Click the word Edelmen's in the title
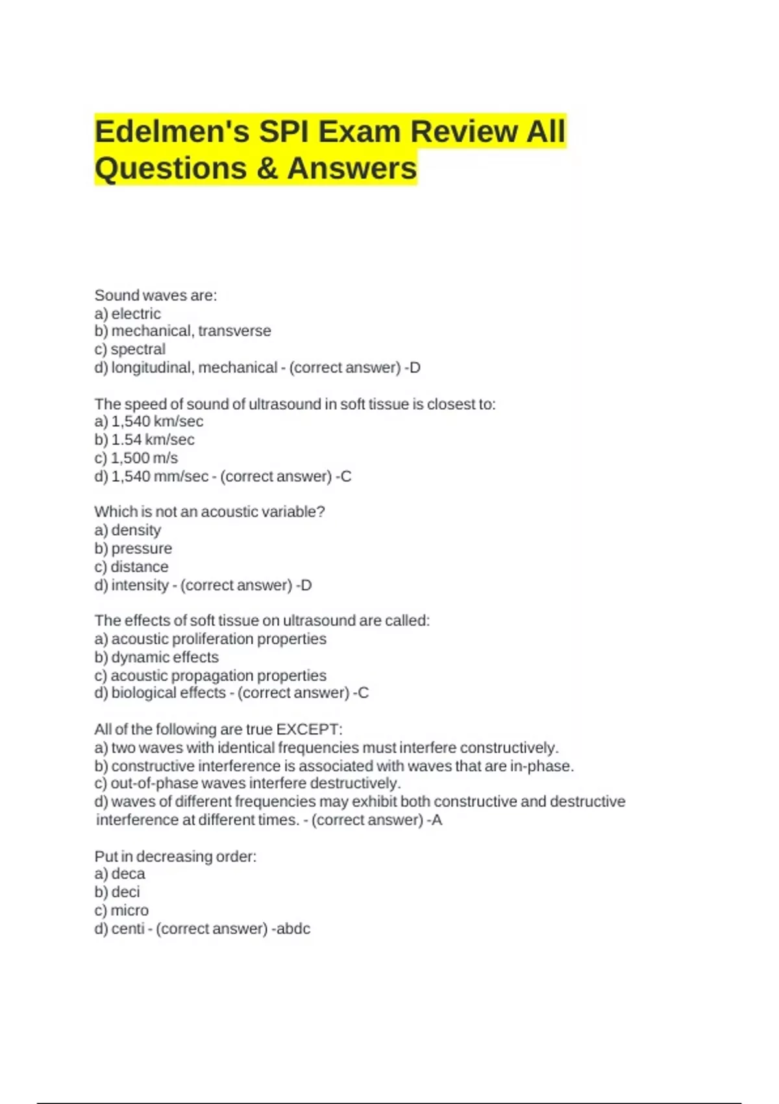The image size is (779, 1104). pyautogui.click(x=172, y=132)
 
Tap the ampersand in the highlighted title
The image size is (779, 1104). pyautogui.click(x=267, y=169)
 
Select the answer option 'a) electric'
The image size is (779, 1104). pyautogui.click(x=128, y=314)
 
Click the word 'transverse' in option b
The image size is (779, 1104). pyautogui.click(x=234, y=331)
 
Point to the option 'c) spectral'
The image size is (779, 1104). pyautogui.click(x=130, y=349)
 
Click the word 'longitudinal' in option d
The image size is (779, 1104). pyautogui.click(x=152, y=368)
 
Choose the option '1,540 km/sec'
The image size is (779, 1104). pyautogui.click(x=156, y=421)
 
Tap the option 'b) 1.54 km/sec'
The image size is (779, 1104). pyautogui.click(x=144, y=440)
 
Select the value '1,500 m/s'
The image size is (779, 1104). pyautogui.click(x=144, y=458)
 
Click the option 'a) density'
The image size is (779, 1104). pyautogui.click(x=128, y=531)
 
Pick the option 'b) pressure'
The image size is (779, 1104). pyautogui.click(x=133, y=549)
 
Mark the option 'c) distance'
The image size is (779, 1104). pyautogui.click(x=131, y=567)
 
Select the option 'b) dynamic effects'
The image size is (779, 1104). pyautogui.click(x=156, y=657)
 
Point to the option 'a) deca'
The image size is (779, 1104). pyautogui.click(x=120, y=874)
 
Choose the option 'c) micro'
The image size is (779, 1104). pyautogui.click(x=121, y=910)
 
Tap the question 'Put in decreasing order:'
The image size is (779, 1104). pyautogui.click(x=175, y=857)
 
